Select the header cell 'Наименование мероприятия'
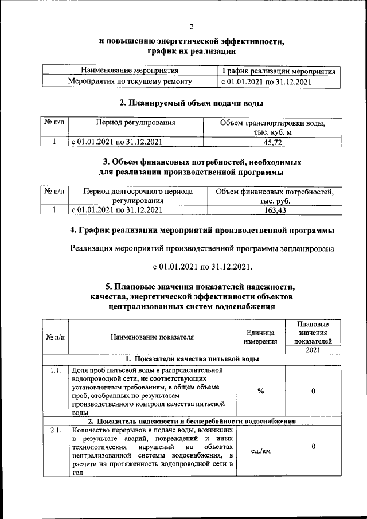tap(130, 71)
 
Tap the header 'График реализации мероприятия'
tap(279, 71)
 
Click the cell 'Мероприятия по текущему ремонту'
tap(130, 81)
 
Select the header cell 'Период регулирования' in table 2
tap(135, 123)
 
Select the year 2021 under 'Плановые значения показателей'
tap(313, 350)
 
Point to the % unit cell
tap(260, 391)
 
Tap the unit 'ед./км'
tap(260, 451)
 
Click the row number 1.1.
tap(55, 370)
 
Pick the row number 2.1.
tap(55, 430)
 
